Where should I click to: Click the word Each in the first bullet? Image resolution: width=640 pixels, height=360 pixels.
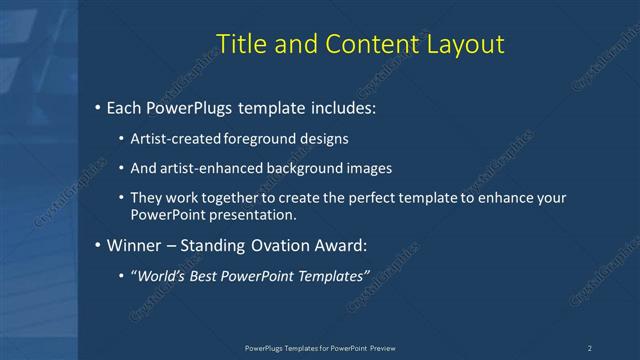click(125, 107)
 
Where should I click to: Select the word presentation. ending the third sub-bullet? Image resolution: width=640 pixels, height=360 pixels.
click(258, 214)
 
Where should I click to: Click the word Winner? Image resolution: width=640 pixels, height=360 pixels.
click(133, 245)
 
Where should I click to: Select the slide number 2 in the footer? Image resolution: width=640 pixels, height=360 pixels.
click(589, 347)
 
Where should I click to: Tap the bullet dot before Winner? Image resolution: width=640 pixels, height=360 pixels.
click(97, 245)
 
